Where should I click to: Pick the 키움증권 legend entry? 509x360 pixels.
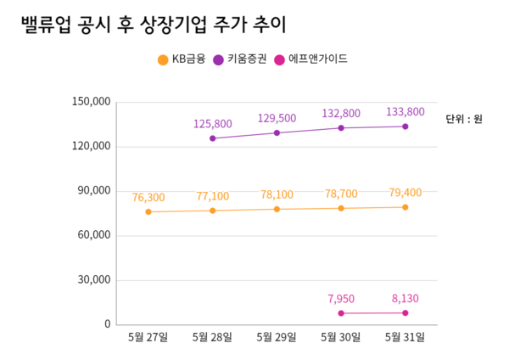[246, 59]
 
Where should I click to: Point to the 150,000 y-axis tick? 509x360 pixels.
[92, 102]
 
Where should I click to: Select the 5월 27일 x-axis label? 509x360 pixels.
[148, 337]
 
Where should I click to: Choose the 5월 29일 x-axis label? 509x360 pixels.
[277, 337]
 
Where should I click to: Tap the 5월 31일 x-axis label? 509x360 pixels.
[406, 337]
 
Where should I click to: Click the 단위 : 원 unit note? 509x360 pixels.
[464, 119]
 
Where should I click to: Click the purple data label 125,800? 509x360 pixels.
[213, 124]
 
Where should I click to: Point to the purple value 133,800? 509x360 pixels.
[405, 112]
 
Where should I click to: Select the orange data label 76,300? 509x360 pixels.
[148, 198]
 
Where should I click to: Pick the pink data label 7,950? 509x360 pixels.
[341, 299]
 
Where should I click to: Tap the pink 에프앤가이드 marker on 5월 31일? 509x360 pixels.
[406, 313]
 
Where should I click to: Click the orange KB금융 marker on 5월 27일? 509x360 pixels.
[148, 211]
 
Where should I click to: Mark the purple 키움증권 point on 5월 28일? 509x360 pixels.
[213, 138]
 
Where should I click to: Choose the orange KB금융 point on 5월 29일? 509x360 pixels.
[277, 209]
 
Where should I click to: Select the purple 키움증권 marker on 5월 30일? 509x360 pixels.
[341, 128]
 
